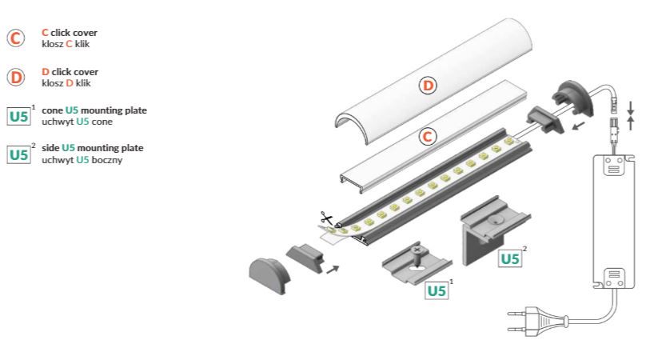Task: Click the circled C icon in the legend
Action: coord(15,38)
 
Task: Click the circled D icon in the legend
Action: coord(15,77)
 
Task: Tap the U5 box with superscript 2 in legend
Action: coord(18,154)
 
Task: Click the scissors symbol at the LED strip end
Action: coord(326,218)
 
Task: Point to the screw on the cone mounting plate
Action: coord(417,253)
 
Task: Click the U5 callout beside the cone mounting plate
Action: coord(437,290)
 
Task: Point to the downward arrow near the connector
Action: coord(631,107)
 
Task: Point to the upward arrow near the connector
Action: coord(631,123)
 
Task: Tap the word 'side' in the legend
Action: coord(50,148)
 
